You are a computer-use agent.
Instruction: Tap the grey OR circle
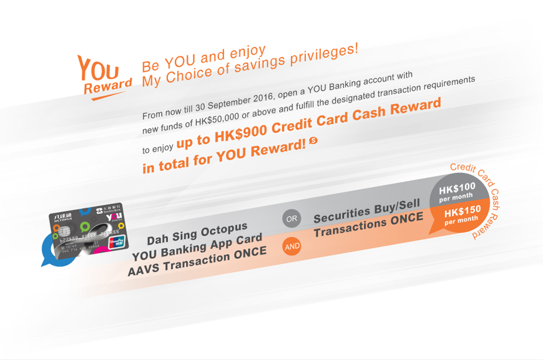(x=291, y=219)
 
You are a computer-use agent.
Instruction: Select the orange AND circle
(x=291, y=246)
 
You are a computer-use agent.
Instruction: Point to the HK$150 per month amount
(x=462, y=213)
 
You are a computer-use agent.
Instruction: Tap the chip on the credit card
(x=62, y=234)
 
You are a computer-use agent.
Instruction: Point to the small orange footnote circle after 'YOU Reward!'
(x=313, y=142)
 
